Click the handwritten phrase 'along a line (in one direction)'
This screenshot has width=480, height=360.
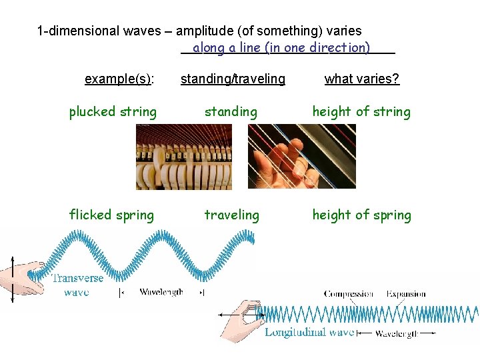coord(281,48)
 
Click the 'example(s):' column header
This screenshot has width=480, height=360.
coord(119,79)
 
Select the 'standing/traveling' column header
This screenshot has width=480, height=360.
coord(233,79)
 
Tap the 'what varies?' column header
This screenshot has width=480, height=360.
coord(362,79)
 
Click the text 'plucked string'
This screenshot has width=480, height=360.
coord(113,112)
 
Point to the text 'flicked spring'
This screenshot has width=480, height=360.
coord(111,215)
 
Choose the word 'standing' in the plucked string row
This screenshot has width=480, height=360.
coord(231,112)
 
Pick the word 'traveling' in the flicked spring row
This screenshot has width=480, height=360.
coord(231,215)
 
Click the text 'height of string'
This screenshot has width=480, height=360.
coord(362,112)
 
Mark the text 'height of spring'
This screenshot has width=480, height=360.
coord(362,215)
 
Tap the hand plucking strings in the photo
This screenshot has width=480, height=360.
coord(280,167)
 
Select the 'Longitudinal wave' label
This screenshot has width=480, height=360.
coord(309,332)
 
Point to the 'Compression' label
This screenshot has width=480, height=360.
coord(348,294)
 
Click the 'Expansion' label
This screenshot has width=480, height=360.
coord(406,294)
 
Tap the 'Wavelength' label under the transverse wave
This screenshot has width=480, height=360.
coord(161,292)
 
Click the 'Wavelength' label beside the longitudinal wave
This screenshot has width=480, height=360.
coord(397,333)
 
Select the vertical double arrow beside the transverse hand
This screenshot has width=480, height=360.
coord(11,280)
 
